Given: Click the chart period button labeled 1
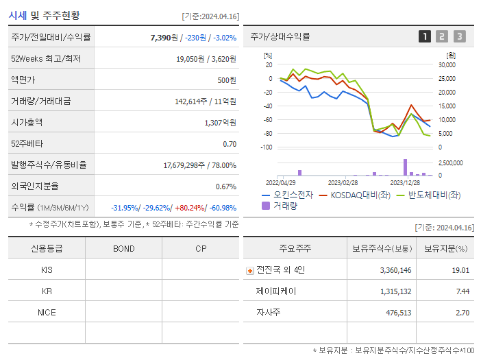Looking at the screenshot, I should click(x=425, y=36).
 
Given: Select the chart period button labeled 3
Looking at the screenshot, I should click(x=459, y=36).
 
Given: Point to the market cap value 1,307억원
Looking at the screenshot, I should click(x=220, y=123).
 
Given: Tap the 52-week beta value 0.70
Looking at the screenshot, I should click(x=230, y=144).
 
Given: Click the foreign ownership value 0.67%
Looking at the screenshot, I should click(x=225, y=186).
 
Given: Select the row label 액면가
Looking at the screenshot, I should click(x=24, y=80).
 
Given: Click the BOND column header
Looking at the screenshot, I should click(x=123, y=248).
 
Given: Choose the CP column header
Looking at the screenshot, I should click(x=201, y=248).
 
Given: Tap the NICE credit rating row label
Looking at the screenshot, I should click(x=47, y=313).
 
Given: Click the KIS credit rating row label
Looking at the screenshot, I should click(x=47, y=270).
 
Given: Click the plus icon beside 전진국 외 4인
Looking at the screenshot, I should click(x=249, y=270).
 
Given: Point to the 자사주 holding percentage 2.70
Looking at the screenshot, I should click(x=462, y=313).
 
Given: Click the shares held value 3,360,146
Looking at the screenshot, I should click(x=395, y=270).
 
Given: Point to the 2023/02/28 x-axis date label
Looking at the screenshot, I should click(x=343, y=183).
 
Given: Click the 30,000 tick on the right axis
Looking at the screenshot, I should click(x=447, y=65).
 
